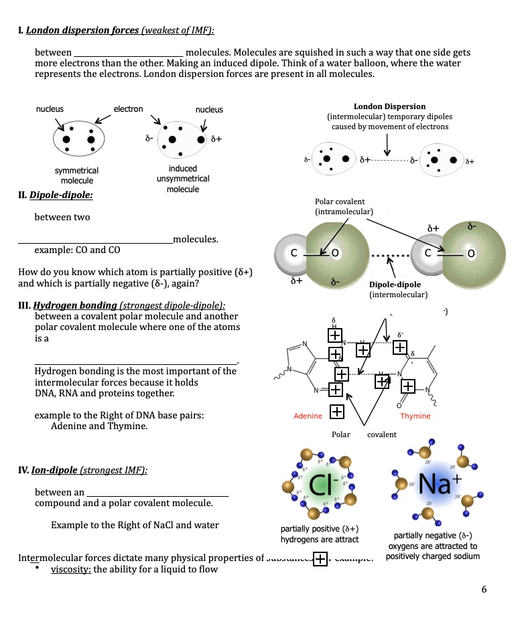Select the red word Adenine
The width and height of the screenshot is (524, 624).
coord(308,416)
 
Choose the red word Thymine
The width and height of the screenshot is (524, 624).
coord(415,416)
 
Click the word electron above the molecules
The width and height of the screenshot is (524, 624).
coord(128,108)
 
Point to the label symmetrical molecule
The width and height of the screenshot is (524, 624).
coord(76,175)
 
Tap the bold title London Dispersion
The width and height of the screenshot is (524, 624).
coord(389,106)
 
